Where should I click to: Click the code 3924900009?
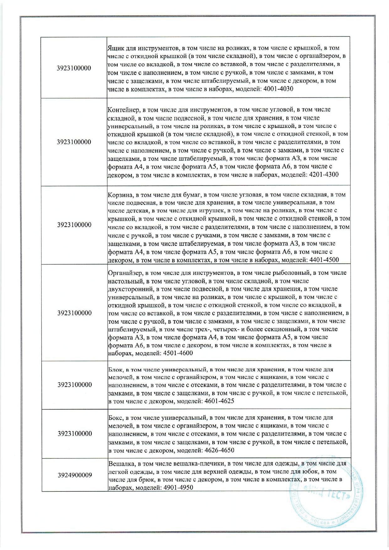coord(75,475)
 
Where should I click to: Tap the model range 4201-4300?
coord(324,175)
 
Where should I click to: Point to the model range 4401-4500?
coord(324,260)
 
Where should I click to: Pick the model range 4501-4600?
coord(178,353)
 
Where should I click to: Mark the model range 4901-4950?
coord(178,488)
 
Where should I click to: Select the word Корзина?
coord(120,194)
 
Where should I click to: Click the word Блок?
coord(115,370)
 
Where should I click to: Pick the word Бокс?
coord(116,418)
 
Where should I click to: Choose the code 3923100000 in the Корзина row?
coord(74,225)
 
